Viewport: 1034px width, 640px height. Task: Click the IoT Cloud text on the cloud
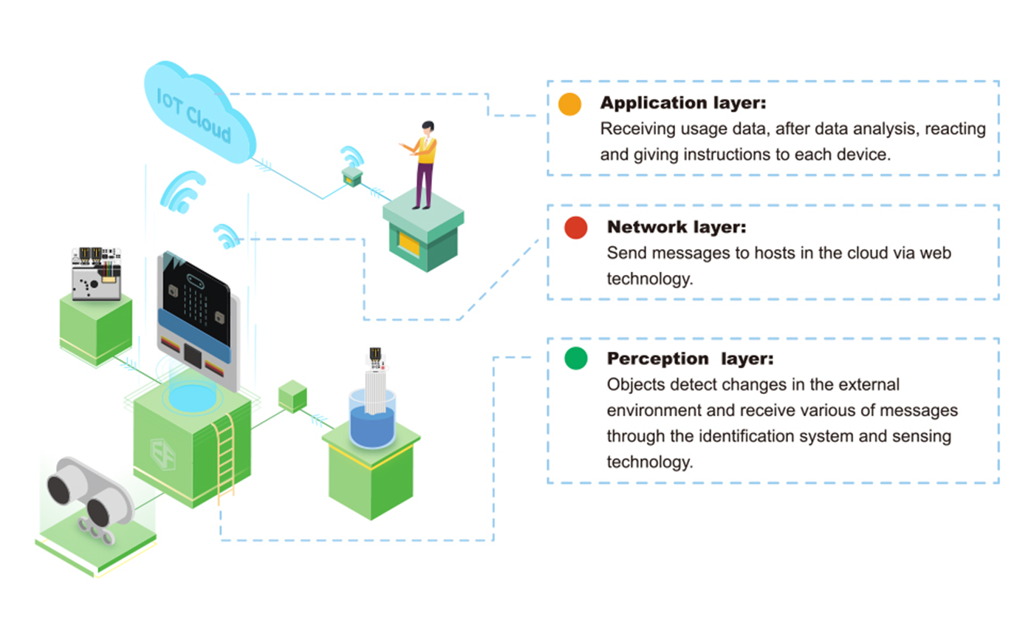(x=194, y=117)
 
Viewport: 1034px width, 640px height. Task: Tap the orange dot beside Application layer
(x=570, y=104)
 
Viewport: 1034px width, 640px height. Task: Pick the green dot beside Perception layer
(x=575, y=359)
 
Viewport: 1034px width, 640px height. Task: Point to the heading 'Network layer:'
(x=677, y=227)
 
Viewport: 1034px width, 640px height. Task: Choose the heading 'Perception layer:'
(x=690, y=359)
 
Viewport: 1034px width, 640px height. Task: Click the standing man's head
(x=428, y=128)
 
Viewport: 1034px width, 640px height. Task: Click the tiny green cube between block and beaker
(x=292, y=395)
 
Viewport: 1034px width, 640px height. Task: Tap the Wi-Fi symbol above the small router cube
(x=352, y=157)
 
